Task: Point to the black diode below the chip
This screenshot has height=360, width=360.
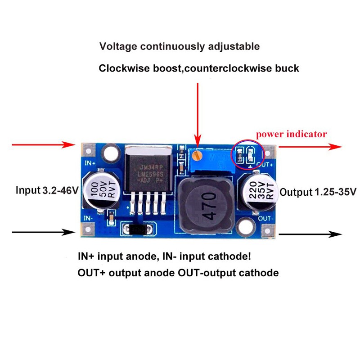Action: click(138, 229)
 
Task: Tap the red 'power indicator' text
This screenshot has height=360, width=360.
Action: click(291, 134)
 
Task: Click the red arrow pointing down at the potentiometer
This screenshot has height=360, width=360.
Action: click(196, 112)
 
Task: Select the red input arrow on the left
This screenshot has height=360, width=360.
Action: click(43, 145)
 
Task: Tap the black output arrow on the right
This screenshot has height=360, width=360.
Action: click(310, 234)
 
